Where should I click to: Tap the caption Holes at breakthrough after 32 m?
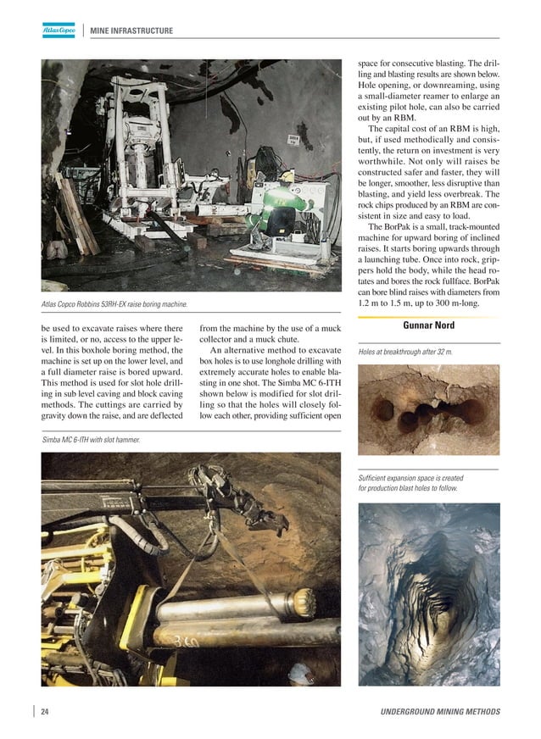pos(405,351)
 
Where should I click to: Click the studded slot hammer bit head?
pos(301,604)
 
